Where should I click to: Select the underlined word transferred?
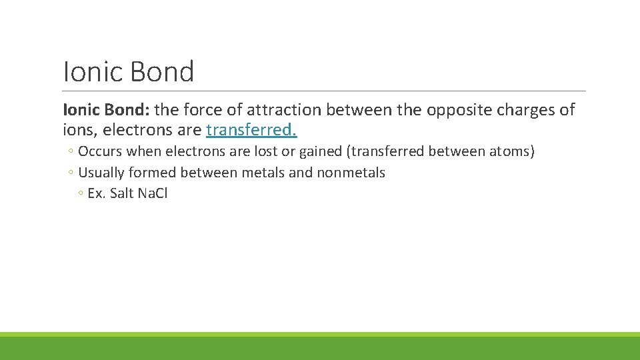[x=251, y=129]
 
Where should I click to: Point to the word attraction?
[x=285, y=110]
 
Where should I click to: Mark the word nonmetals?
[x=351, y=173]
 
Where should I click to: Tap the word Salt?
[x=122, y=194]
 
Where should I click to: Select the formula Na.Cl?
[x=153, y=194]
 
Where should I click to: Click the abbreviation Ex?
[x=97, y=194]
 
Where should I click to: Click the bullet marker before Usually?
[x=71, y=173]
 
